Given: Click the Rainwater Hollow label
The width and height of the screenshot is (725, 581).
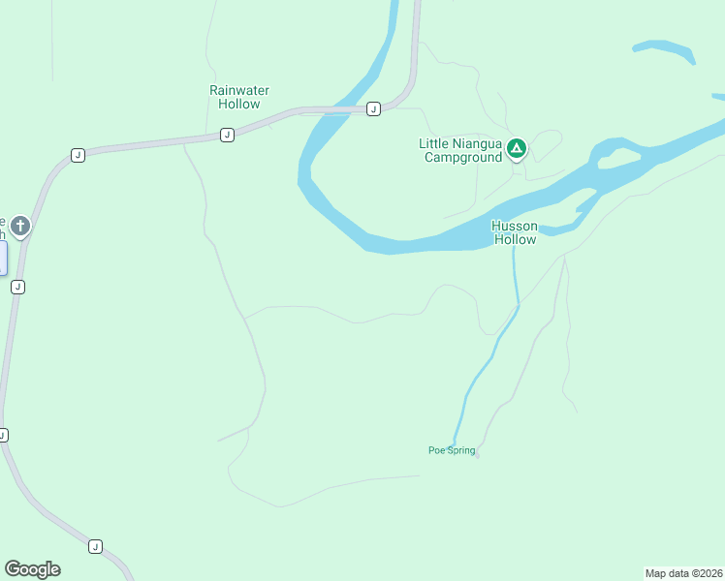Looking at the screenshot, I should pos(239,97).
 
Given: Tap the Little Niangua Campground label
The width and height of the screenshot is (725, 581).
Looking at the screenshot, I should pos(460,150).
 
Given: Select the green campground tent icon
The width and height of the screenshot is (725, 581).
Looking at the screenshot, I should pos(517,148).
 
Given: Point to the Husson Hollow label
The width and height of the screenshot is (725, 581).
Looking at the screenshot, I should pos(515,232).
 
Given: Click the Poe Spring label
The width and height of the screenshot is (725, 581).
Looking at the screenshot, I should pos(452,450).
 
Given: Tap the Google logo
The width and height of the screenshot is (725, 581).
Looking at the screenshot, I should pos(32,569).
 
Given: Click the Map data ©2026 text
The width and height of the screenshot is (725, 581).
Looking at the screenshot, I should pos(683,573).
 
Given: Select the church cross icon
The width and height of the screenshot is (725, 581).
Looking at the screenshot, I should pos(20,228).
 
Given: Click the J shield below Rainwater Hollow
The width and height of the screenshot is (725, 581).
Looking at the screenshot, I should pos(227,135).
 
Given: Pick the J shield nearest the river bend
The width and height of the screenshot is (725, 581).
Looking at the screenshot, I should pos(373,109).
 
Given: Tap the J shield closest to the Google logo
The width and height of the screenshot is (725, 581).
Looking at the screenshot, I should pos(95,546).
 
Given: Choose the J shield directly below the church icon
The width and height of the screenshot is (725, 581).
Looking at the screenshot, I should pos(17,287).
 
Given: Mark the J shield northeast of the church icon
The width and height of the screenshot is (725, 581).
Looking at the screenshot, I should pos(79,155).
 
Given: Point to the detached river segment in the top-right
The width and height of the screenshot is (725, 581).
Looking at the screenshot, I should pos(664,50).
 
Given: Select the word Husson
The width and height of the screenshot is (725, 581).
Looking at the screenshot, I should pos(515,226).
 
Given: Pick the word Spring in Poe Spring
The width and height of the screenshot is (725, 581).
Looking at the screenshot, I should pos(459,450).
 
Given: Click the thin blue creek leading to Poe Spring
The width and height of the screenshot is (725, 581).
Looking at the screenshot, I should pos(489,358).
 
